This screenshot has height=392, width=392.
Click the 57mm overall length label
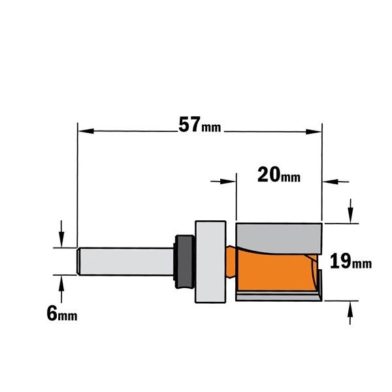click(x=200, y=125)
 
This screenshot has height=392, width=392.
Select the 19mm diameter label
click(x=351, y=261)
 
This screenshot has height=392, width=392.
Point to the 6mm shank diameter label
click(x=62, y=314)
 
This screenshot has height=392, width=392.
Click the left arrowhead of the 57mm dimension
click(x=86, y=131)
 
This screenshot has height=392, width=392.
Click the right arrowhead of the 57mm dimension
click(x=314, y=131)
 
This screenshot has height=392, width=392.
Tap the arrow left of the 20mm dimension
click(x=223, y=181)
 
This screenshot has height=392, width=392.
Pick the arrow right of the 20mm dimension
click(x=336, y=182)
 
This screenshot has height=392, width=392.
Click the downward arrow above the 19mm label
click(x=351, y=211)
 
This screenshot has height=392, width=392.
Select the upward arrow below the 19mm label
click(x=350, y=313)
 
